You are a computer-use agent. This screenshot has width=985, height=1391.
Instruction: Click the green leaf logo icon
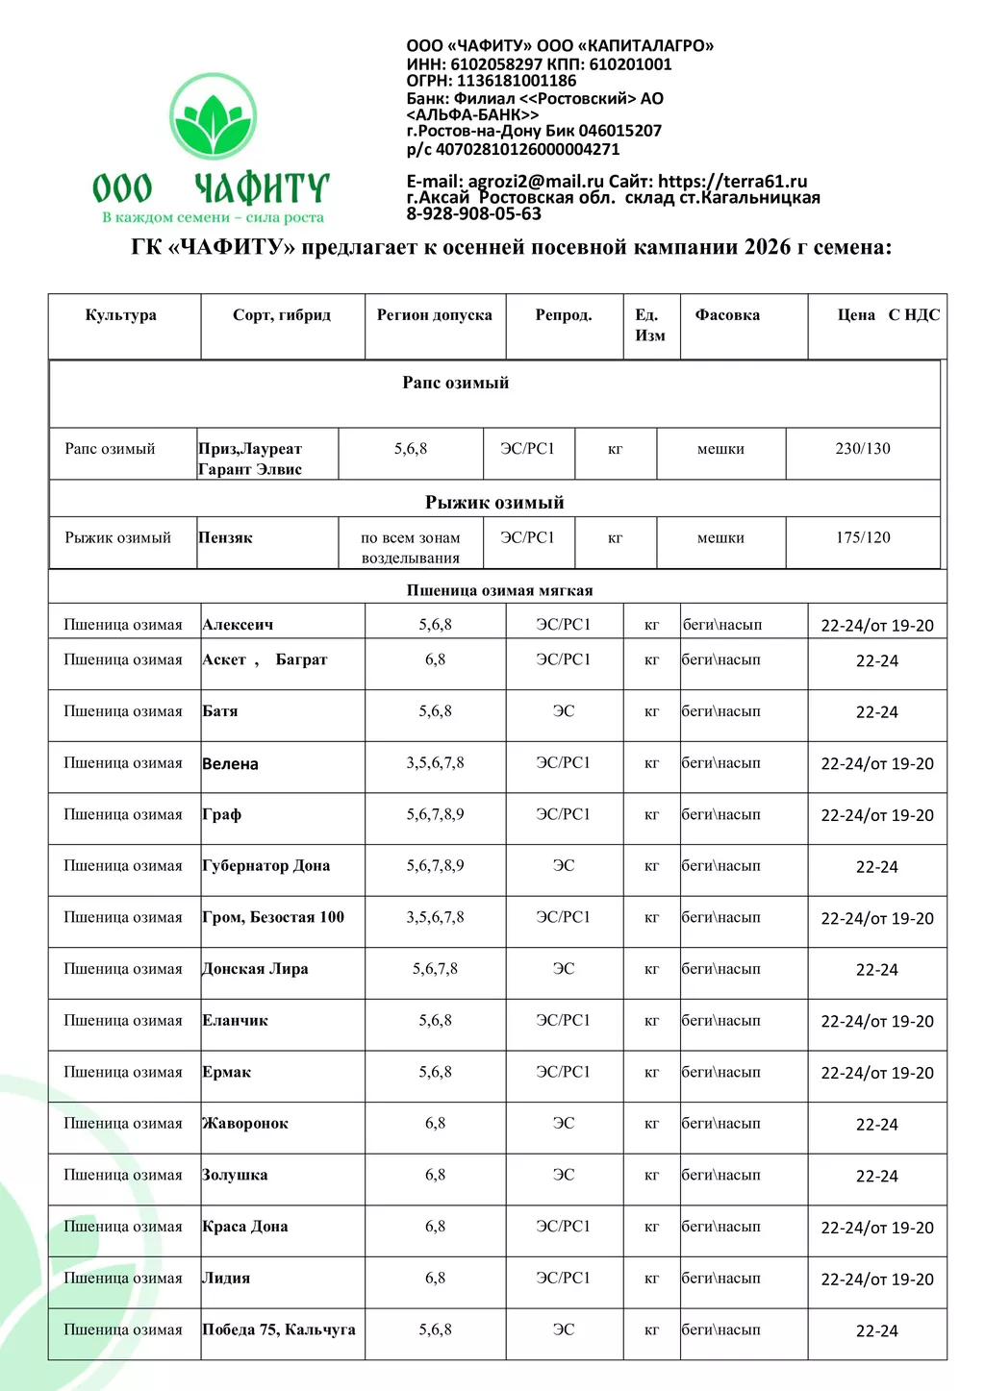(213, 117)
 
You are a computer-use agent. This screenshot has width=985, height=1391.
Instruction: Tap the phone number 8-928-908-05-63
(473, 214)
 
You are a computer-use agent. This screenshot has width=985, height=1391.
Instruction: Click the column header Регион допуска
(435, 315)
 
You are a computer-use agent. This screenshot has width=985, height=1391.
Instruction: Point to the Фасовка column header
(727, 315)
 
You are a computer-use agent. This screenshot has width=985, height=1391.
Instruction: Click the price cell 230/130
(863, 449)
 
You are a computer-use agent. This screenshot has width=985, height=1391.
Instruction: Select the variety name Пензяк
(226, 538)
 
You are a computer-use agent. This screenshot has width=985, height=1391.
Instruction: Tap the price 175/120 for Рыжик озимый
(863, 538)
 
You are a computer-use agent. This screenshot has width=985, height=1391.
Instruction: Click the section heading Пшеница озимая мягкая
(499, 590)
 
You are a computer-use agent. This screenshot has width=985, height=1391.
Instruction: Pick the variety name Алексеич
(238, 625)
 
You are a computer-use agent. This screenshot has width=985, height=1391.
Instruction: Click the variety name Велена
(231, 764)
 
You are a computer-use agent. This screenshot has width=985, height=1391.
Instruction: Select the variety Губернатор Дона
(266, 866)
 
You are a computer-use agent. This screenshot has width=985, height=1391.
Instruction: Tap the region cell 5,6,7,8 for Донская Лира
(435, 969)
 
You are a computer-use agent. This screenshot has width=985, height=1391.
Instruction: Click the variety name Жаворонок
(245, 1124)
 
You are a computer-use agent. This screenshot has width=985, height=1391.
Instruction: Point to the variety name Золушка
(236, 1176)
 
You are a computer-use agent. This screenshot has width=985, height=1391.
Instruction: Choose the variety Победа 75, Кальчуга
(279, 1330)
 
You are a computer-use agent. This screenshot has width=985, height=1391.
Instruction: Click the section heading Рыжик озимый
(494, 503)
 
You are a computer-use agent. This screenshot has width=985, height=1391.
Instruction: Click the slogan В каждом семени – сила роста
(213, 218)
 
